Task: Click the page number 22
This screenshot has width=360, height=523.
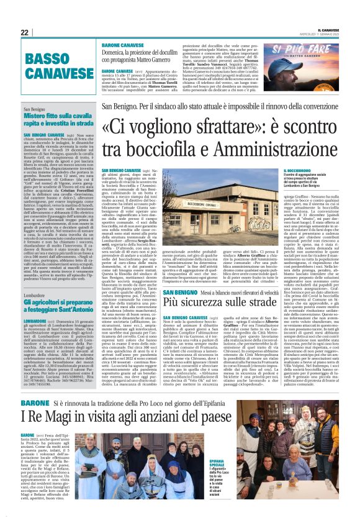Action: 24,32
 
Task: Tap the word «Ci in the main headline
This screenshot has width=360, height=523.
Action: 116,128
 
